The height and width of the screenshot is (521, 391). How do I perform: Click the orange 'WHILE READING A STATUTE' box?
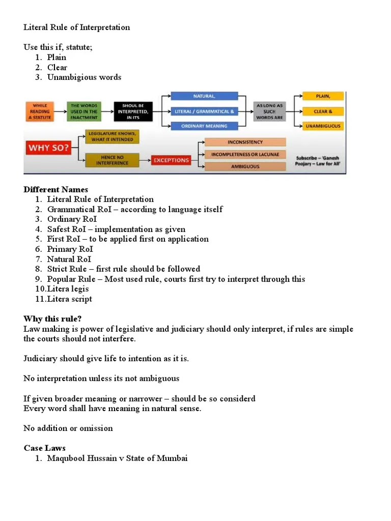tap(40, 111)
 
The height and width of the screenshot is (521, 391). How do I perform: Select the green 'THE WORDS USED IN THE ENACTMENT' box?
tap(84, 111)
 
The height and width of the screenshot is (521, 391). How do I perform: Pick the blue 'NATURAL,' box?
tap(204, 96)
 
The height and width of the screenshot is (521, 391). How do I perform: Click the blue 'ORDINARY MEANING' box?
tap(204, 126)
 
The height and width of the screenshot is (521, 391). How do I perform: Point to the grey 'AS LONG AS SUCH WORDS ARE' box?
tap(269, 111)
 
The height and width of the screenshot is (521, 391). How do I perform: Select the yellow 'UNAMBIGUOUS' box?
tap(323, 126)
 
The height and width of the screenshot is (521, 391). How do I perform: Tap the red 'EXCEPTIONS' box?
tap(171, 160)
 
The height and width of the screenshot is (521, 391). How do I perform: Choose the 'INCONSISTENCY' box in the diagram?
tap(245, 142)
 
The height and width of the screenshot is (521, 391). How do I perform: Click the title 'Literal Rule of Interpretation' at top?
tap(76, 27)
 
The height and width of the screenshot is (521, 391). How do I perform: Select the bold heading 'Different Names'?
tap(55, 189)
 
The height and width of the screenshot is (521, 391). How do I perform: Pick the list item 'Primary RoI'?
tap(70, 249)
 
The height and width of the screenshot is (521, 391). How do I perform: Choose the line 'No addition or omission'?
tap(68, 428)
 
